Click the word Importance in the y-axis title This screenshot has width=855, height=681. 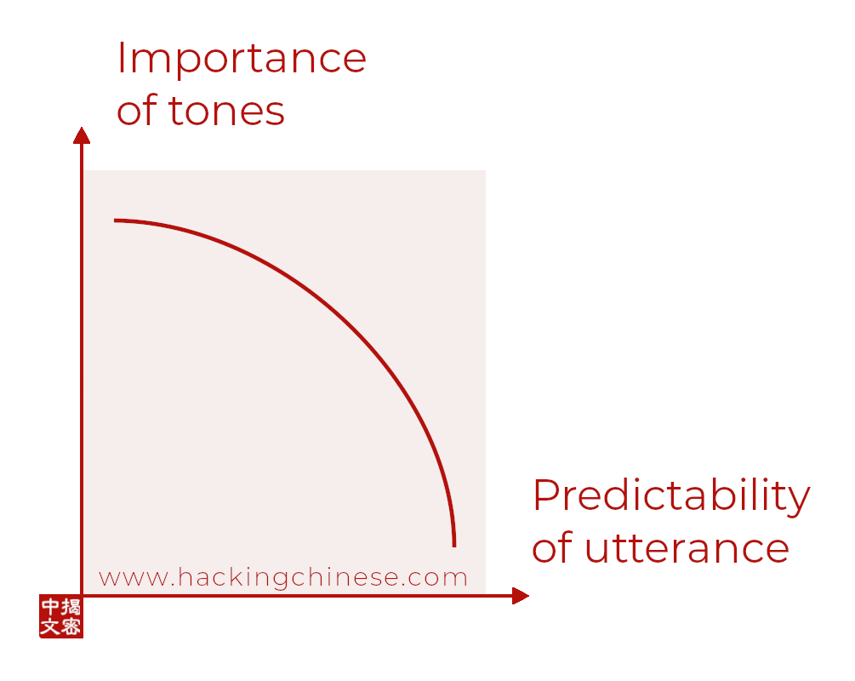click(242, 59)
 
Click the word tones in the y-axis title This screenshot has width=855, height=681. click(227, 112)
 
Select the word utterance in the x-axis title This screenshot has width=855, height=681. click(687, 548)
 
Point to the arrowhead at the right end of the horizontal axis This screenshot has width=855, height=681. click(521, 596)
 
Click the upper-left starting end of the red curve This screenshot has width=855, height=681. click(115, 220)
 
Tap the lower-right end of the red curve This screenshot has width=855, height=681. click(454, 545)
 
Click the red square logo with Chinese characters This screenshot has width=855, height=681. click(61, 616)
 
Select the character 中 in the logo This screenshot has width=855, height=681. click(50, 607)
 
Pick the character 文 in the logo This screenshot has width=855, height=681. click(50, 627)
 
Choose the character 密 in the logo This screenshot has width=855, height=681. click(71, 627)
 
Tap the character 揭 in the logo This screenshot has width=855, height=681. click(71, 607)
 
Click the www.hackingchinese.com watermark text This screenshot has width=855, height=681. click(283, 578)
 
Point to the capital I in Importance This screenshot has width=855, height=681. click(121, 58)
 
